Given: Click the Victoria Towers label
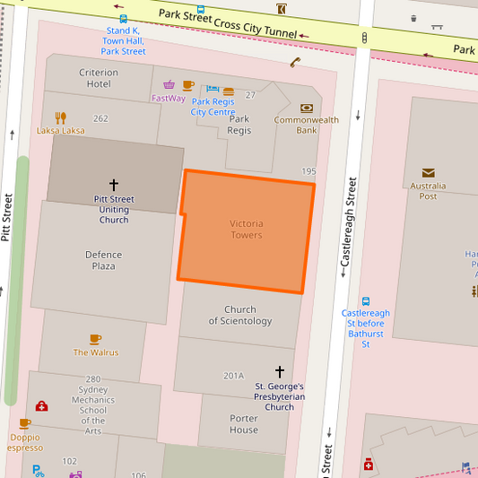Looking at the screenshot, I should click(246, 229).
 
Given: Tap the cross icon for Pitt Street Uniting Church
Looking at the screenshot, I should click(113, 184).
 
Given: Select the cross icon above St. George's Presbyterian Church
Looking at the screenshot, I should click(279, 371).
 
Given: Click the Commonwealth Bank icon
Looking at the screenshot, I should click(307, 108).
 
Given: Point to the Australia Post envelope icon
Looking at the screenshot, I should click(428, 172).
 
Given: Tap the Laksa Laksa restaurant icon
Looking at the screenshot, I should click(61, 117).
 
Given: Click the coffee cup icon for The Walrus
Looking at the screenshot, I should click(95, 339).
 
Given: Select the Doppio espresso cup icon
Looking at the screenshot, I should click(24, 423).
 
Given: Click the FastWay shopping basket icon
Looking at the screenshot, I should click(169, 85).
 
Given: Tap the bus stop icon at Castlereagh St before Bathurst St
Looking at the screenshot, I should click(366, 301).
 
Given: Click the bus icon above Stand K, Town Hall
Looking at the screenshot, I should click(123, 18).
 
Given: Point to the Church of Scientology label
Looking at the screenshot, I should click(240, 315).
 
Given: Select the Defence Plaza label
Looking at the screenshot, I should click(103, 260).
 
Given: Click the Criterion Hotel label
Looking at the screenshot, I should click(99, 78).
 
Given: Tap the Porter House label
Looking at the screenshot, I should click(243, 424).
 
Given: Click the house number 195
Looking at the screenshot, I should click(309, 171).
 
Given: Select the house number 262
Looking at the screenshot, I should click(100, 118).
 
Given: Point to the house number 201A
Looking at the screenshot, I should click(233, 376).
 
